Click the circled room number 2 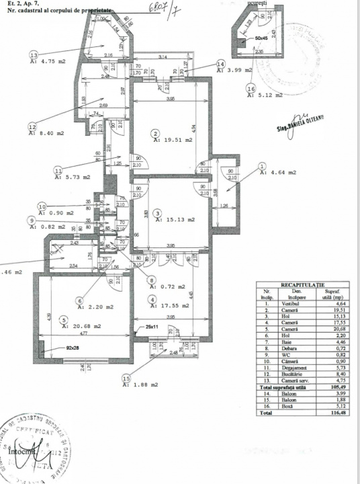click(154, 132)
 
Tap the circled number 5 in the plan click(63, 319)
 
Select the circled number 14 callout click(220, 64)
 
